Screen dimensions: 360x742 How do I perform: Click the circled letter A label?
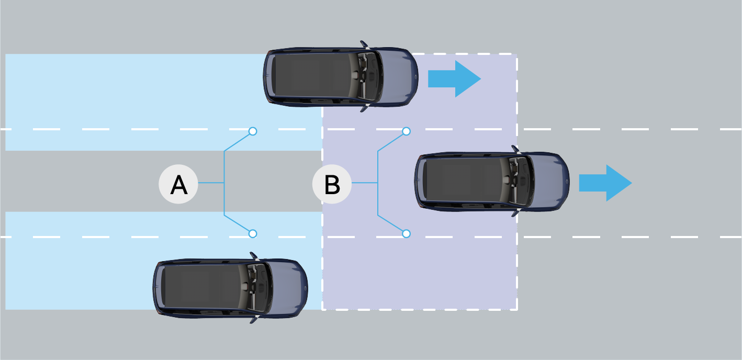point(178,184)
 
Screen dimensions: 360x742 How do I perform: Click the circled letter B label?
point(332,184)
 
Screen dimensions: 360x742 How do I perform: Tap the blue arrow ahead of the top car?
point(454,79)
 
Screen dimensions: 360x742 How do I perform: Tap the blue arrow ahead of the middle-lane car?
point(605,183)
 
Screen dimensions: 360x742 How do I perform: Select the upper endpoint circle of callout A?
point(253,131)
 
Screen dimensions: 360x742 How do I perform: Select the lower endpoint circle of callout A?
point(253,233)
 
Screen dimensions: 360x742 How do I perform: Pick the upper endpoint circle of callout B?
point(406,131)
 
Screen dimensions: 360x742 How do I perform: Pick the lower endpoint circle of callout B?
point(406,233)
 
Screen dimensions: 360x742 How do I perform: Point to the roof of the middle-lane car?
point(463,181)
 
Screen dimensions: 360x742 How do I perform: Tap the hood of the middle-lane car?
point(549,181)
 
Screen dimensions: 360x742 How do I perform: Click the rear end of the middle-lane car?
point(418,181)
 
